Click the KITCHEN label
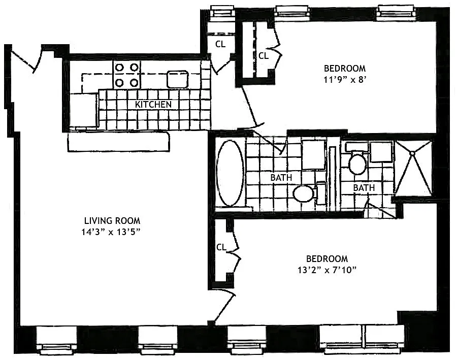[153, 105]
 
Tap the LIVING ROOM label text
[112, 221]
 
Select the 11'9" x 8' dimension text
[344, 80]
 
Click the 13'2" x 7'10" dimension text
[327, 270]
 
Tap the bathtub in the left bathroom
[231, 174]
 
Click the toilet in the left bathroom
[309, 193]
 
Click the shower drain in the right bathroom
[412, 153]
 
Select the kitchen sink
[178, 79]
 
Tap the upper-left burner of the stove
[119, 68]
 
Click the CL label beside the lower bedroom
[221, 247]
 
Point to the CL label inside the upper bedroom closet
[264, 55]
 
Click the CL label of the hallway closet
[220, 44]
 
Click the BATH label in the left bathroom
[281, 178]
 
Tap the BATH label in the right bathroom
[364, 188]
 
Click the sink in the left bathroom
[313, 154]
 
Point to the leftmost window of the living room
[56, 340]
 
